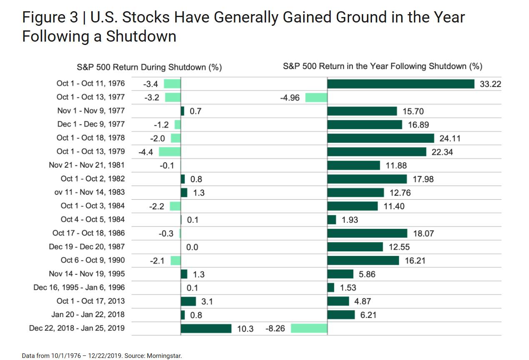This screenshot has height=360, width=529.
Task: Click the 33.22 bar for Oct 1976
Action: [401, 84]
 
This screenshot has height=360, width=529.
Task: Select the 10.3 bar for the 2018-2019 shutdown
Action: [206, 328]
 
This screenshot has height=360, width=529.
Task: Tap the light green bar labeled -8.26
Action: [309, 328]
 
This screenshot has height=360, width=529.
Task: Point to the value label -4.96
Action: [289, 98]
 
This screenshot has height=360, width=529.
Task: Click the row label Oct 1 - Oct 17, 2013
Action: [91, 301]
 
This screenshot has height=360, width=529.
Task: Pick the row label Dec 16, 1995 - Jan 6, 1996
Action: [79, 288]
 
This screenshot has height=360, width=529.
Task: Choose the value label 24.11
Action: [450, 139]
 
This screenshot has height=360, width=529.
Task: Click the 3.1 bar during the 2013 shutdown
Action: [188, 301]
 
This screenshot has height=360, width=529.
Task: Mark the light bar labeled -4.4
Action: [170, 152]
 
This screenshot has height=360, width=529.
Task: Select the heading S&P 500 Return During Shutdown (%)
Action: [149, 67]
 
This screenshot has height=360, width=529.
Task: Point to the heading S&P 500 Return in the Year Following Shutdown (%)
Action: [382, 66]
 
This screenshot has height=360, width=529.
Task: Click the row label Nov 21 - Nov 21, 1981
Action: [87, 165]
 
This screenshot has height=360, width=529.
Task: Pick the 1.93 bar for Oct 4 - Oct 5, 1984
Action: [332, 220]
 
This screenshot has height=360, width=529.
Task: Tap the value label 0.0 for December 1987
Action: [192, 247]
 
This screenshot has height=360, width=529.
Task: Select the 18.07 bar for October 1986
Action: [367, 233]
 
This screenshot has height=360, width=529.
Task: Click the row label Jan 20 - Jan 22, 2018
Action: [88, 315]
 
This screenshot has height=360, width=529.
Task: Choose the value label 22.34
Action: [442, 152]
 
